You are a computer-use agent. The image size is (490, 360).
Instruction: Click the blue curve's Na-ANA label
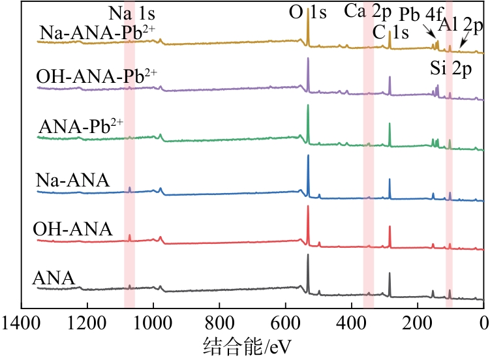pos(72,179)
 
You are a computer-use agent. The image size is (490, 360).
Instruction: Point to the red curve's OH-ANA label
pos(72,229)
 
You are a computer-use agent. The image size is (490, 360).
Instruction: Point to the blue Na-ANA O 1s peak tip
pos(308,155)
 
